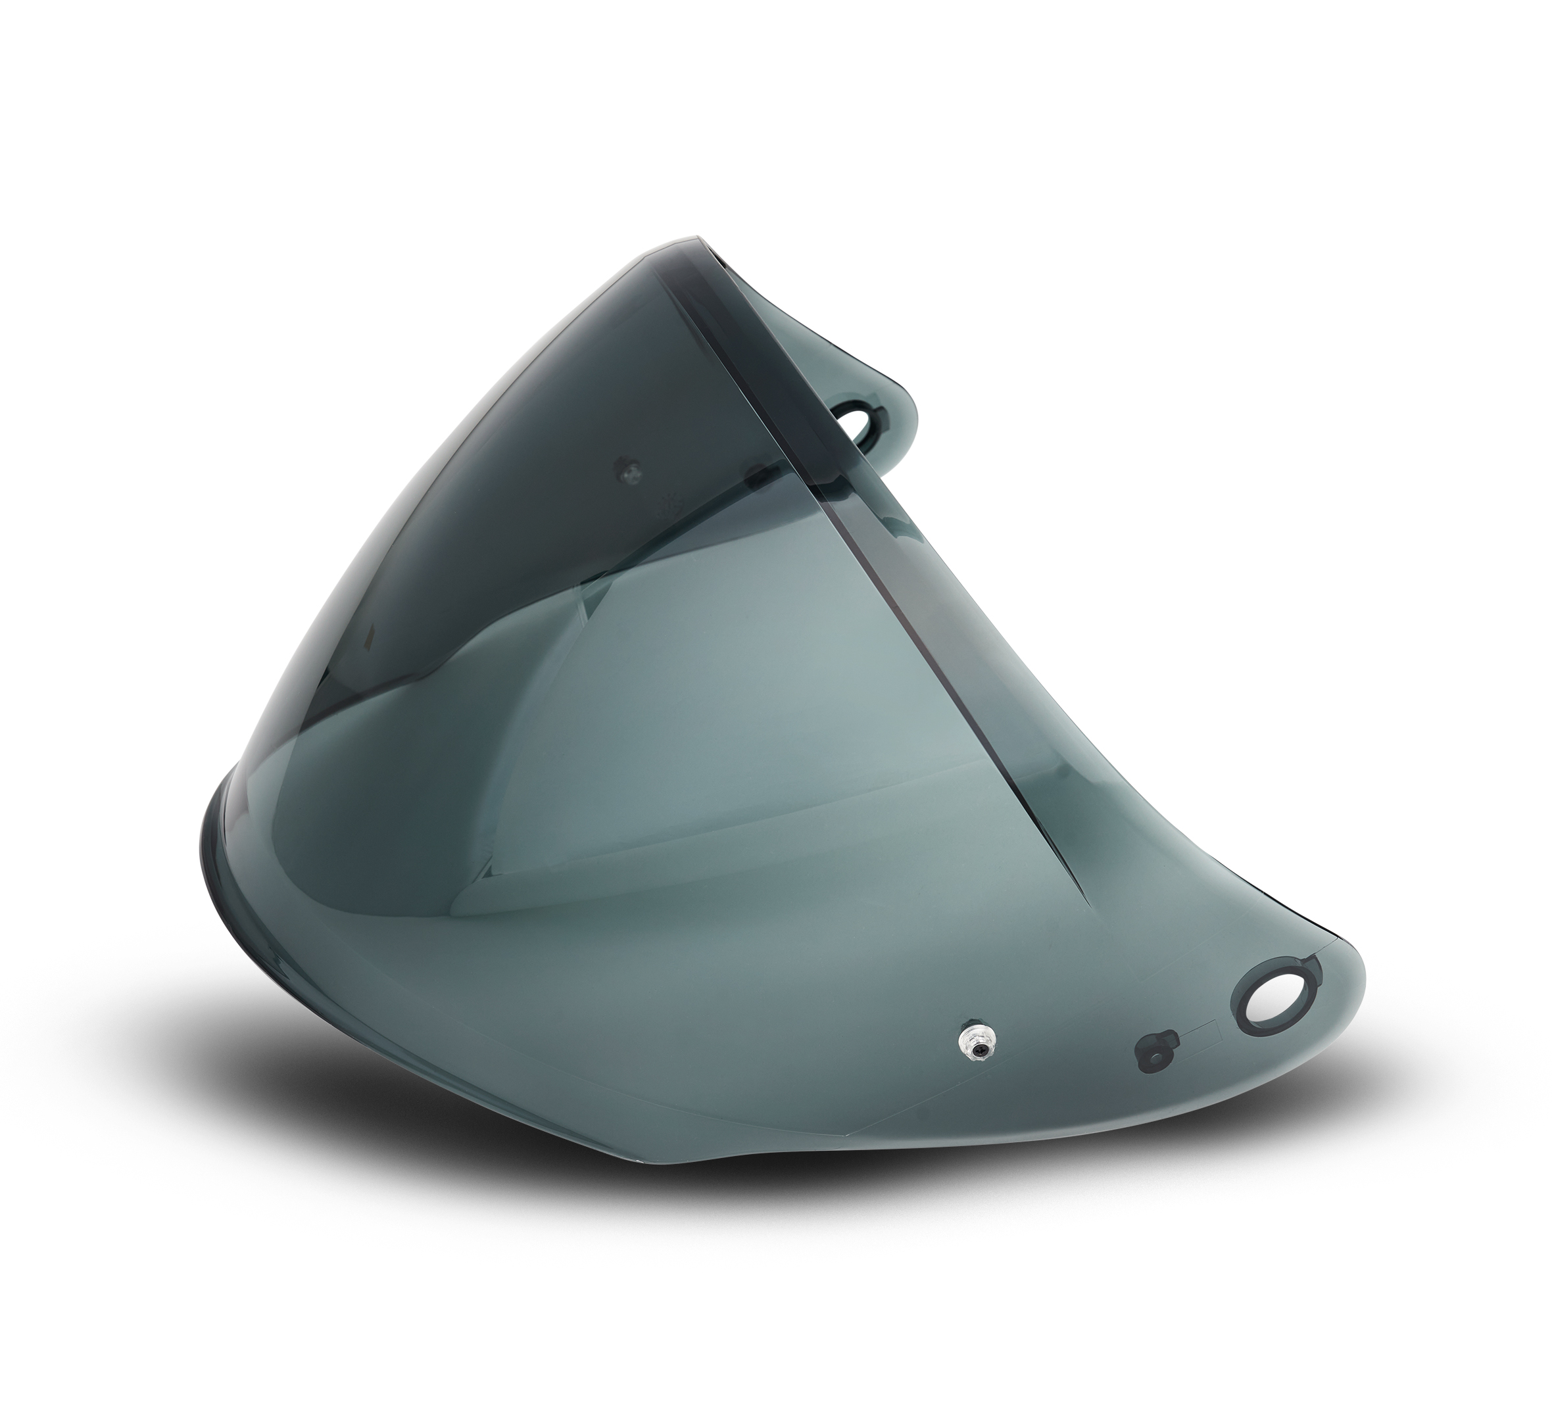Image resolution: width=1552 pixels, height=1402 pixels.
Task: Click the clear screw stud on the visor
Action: (x=975, y=1046)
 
